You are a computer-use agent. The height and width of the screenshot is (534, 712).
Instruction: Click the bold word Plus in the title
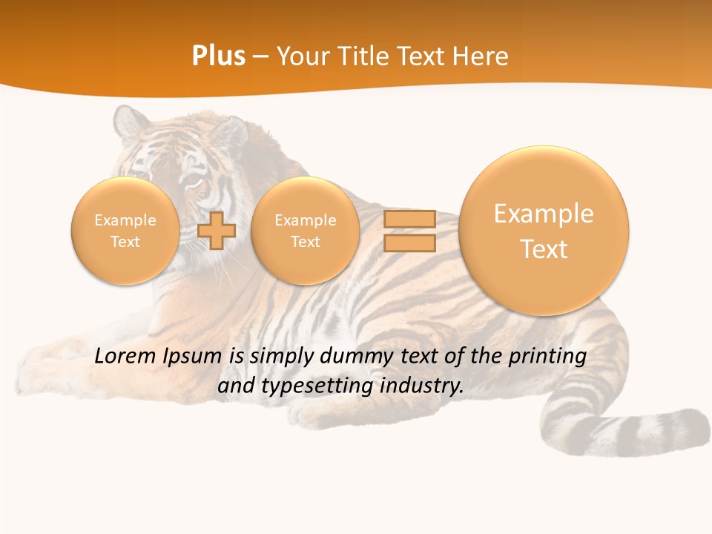coord(218,56)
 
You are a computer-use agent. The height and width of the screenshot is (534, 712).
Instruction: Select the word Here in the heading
coord(482,56)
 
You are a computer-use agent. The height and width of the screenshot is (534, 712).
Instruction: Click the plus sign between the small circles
coord(217,231)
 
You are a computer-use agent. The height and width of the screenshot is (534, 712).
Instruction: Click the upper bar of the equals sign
coord(409,219)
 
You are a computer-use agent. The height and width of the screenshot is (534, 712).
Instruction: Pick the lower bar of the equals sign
coord(409,243)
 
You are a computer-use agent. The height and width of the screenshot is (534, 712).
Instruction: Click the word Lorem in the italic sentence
coord(125,356)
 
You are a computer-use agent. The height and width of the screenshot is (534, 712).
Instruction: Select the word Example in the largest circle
coord(544,214)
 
